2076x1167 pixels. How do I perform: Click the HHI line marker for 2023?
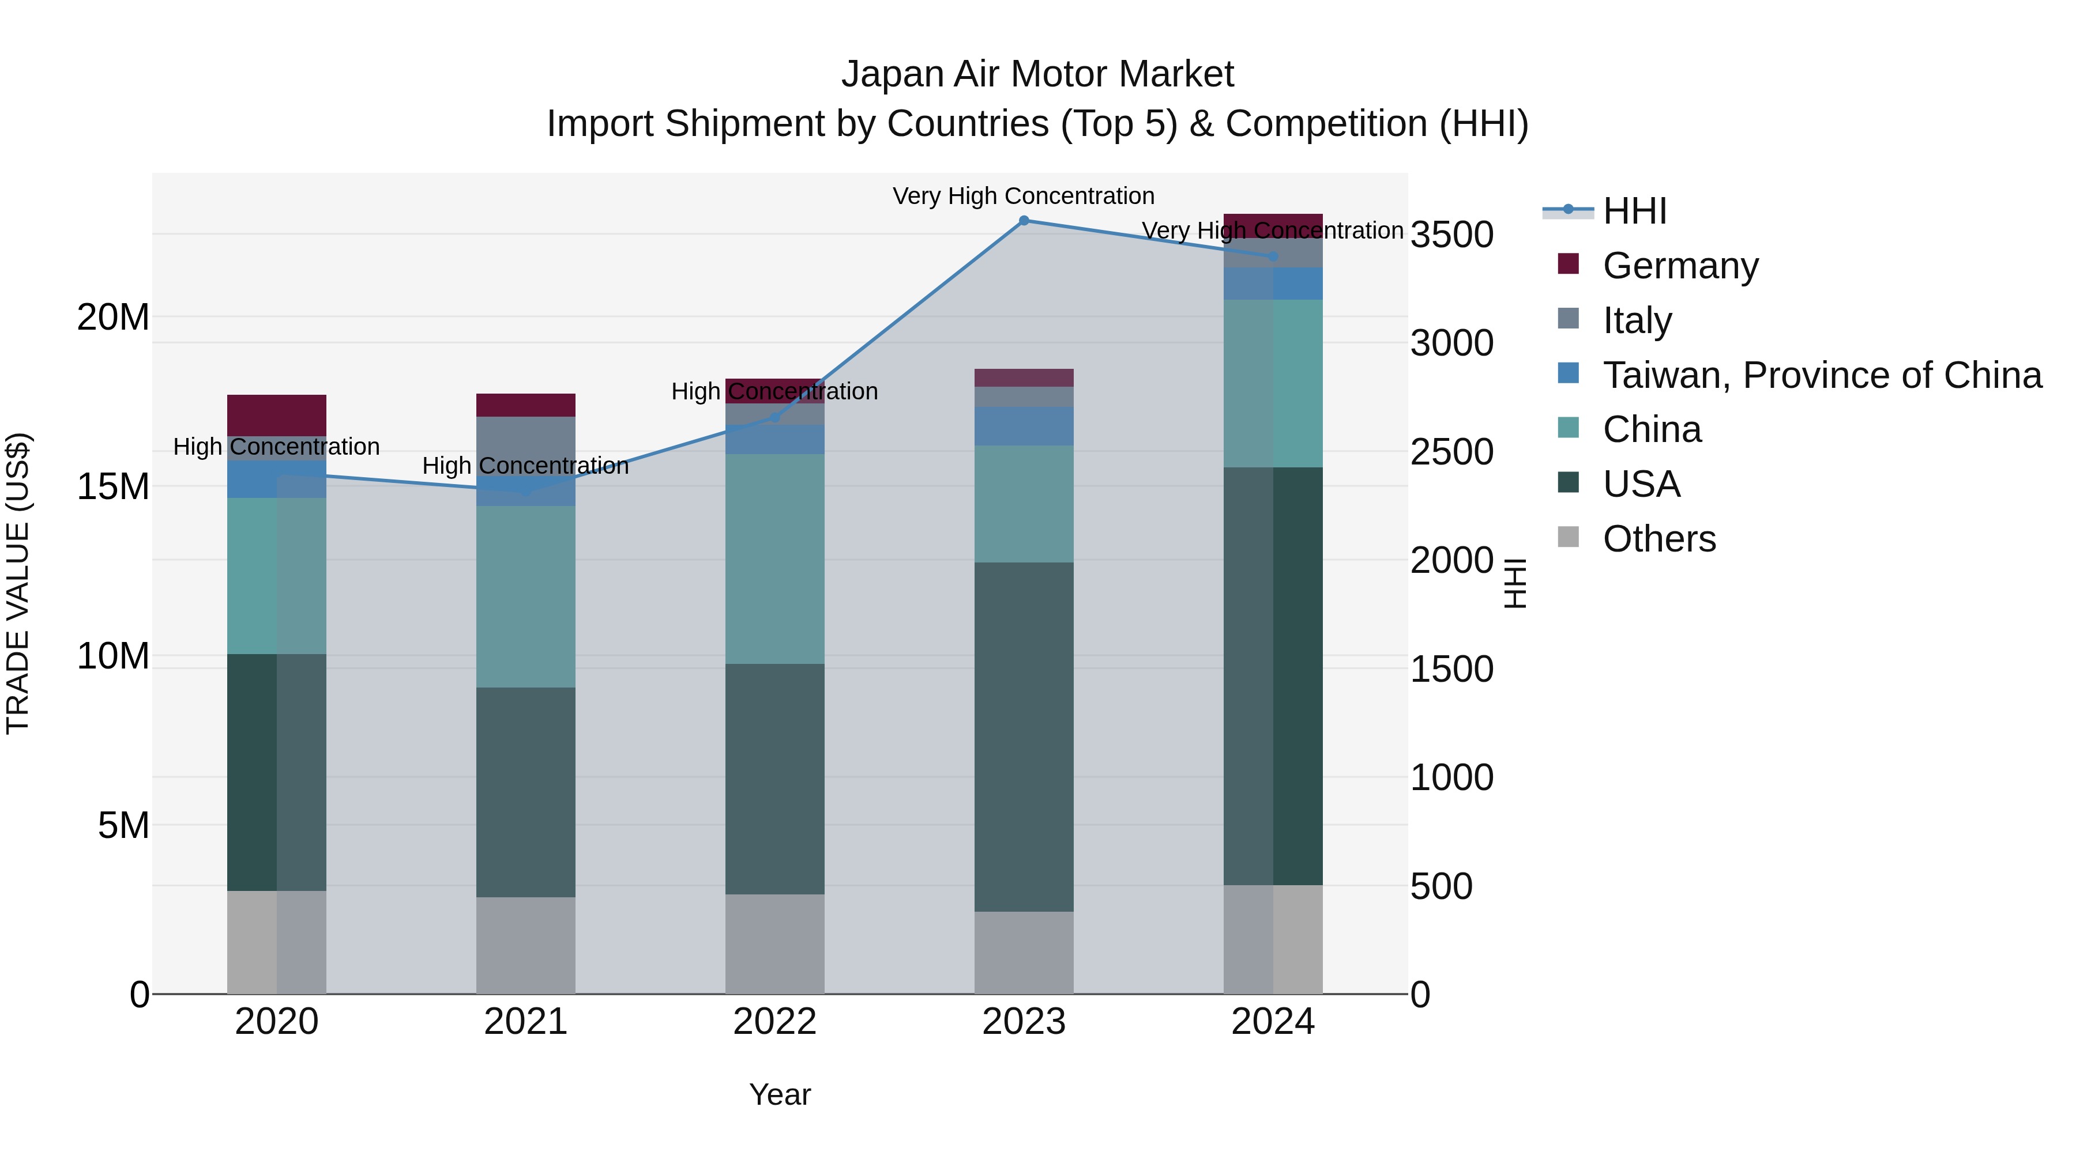[1024, 220]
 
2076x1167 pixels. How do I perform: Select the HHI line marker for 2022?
[775, 417]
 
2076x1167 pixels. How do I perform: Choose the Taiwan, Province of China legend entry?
[1821, 375]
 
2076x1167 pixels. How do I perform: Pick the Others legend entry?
[1658, 539]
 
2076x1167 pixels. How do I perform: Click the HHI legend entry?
[1634, 211]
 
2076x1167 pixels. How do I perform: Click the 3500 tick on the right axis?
[1452, 235]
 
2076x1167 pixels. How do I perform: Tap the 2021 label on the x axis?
[525, 1022]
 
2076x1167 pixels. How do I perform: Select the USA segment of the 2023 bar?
[1024, 737]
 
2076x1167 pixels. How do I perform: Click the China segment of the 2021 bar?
[525, 596]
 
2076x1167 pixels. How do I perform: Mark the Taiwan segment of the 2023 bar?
[1024, 426]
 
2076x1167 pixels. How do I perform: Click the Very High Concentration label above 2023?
[1024, 196]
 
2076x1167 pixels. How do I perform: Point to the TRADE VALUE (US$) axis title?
[18, 583]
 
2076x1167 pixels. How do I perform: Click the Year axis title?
[779, 1094]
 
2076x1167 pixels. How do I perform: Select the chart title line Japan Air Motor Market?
[1037, 74]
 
